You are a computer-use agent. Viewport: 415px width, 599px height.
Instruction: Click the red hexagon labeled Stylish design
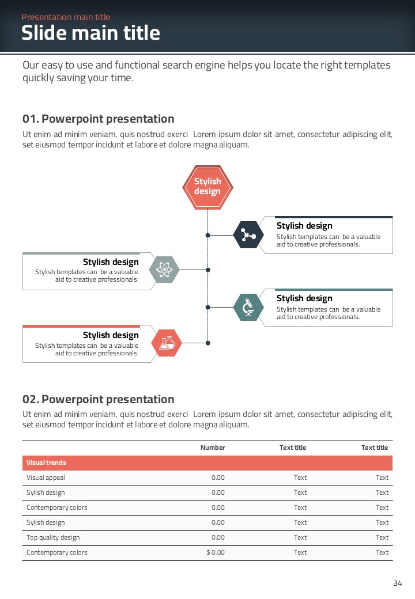tap(207, 186)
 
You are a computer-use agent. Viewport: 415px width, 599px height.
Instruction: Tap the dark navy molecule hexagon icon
tap(248, 235)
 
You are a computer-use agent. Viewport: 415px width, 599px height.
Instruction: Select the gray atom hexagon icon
tap(164, 270)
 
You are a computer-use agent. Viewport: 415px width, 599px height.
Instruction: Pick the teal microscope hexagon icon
tap(248, 307)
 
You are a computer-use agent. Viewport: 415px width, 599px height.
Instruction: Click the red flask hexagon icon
tap(167, 343)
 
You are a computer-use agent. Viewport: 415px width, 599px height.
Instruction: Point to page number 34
tap(398, 583)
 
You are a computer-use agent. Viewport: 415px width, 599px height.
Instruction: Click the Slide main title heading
tap(90, 33)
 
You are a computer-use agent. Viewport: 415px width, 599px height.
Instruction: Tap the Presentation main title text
tap(66, 17)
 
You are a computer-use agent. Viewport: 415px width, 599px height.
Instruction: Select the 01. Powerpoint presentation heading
tap(98, 119)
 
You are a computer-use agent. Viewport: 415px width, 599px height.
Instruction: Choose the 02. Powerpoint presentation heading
tap(98, 400)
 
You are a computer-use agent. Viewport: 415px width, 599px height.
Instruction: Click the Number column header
tap(213, 448)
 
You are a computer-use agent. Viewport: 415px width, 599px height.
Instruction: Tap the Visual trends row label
tap(46, 462)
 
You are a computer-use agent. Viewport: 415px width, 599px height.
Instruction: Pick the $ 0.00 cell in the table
tap(216, 552)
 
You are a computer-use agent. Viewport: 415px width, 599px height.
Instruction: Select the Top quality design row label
tap(53, 537)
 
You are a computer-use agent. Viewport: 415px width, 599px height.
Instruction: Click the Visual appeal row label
tap(46, 477)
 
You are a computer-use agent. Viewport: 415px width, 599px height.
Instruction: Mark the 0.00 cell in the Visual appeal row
tap(218, 477)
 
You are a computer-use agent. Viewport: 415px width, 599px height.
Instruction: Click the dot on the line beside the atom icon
tap(208, 270)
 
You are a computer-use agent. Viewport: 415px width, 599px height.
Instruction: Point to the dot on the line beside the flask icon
tap(208, 343)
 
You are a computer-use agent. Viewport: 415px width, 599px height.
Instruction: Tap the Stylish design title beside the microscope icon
tap(304, 298)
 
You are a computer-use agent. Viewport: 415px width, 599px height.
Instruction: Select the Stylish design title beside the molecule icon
tap(304, 226)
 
